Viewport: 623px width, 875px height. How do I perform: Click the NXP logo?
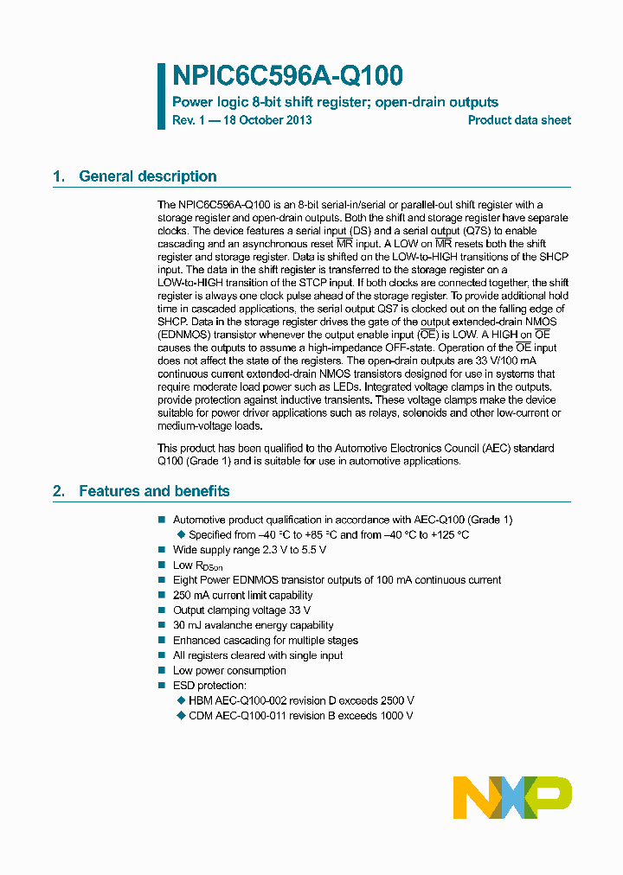512,797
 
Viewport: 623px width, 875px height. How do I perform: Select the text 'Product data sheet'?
519,120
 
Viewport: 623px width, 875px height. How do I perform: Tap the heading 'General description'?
147,176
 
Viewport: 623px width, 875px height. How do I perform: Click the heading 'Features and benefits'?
154,491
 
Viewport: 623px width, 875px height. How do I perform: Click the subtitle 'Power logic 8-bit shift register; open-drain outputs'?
336,102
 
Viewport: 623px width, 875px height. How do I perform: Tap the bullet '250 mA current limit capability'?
242,595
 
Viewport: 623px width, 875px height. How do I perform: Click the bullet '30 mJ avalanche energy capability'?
253,625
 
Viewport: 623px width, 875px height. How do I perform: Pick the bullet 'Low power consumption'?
229,670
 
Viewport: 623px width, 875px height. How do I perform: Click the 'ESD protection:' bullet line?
209,686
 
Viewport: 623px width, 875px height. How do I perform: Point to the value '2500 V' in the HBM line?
396,700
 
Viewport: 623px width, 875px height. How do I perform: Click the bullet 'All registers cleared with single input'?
258,655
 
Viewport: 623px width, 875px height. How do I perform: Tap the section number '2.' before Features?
59,491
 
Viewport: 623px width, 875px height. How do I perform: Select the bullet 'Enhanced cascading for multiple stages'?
265,641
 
